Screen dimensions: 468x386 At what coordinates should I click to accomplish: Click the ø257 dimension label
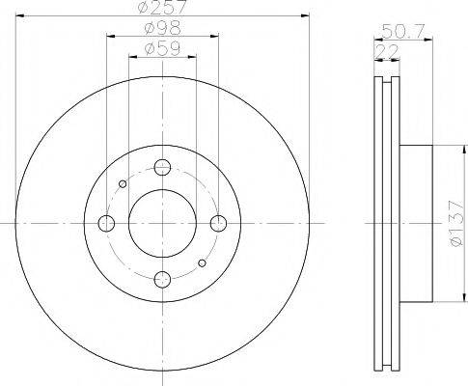(x=162, y=7)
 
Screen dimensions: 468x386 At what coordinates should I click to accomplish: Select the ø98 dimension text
(x=163, y=28)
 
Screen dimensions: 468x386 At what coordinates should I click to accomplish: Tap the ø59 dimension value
(x=163, y=48)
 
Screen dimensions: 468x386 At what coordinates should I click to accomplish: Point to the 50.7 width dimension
(x=403, y=32)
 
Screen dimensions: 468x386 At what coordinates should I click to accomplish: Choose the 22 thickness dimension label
(x=387, y=52)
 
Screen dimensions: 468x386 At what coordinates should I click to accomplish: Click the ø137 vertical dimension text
(x=457, y=223)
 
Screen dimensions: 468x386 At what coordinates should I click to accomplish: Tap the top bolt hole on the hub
(x=162, y=167)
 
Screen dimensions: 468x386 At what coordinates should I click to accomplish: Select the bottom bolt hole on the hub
(x=162, y=279)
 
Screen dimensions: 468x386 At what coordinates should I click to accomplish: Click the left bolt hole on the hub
(x=106, y=223)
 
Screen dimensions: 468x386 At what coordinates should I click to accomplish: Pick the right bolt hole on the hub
(x=219, y=223)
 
